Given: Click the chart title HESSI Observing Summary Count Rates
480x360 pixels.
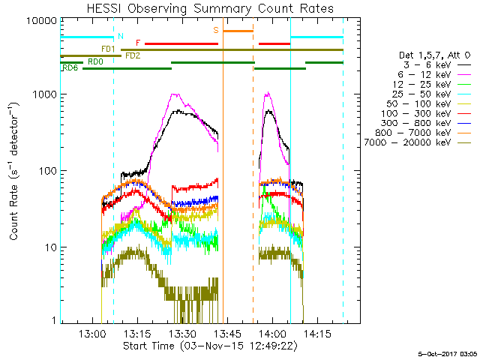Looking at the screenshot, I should pos(210,8).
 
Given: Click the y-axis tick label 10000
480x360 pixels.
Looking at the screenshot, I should pos(42,20).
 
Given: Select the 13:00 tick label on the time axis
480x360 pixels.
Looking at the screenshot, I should pos(91,334).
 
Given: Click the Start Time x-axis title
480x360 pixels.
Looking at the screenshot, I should pos(210,346).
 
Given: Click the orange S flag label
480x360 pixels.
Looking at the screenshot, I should pos(216,30).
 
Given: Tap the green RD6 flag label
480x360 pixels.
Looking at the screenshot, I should pos(70,68).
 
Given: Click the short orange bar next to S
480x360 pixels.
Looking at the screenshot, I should pos(238,31).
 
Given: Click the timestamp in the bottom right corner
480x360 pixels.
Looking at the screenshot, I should pos(447,353).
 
